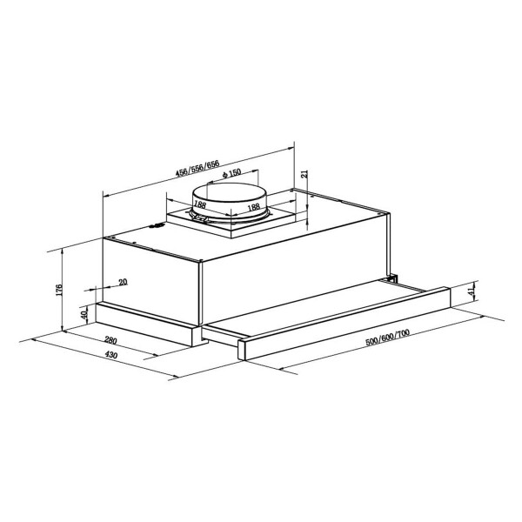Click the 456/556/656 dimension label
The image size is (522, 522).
point(197,168)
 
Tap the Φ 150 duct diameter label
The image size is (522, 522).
point(231,173)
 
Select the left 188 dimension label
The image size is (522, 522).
point(200,204)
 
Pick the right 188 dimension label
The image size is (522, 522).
point(254,207)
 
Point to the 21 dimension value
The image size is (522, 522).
point(304,174)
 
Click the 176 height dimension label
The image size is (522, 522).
point(59,291)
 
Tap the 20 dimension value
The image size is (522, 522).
point(123,282)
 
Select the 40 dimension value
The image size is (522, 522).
point(84,313)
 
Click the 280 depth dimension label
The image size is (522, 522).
point(110,340)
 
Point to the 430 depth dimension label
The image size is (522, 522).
point(111,355)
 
